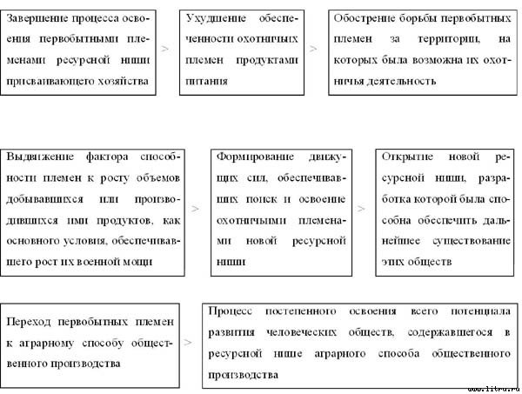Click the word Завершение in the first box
[x=40, y=19]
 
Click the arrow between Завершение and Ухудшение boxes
[x=166, y=50]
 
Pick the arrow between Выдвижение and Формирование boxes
[x=195, y=210]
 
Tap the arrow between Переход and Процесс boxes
[x=188, y=343]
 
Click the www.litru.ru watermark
[x=492, y=387]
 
